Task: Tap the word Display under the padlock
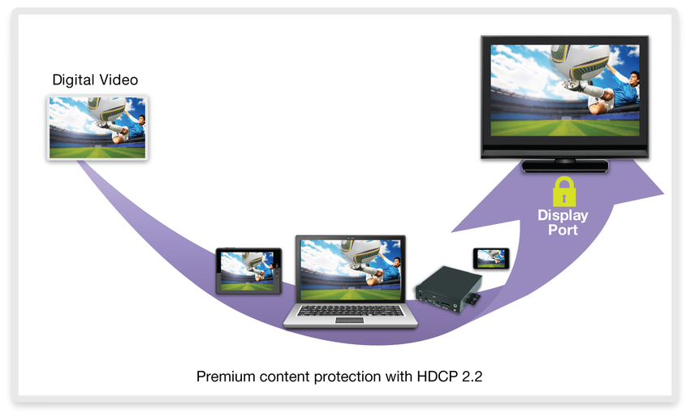coord(563,216)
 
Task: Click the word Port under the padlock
coord(563,230)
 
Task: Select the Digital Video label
coord(95,80)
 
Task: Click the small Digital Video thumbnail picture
coord(97,127)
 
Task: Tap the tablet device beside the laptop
coord(248,271)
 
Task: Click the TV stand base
coord(565,166)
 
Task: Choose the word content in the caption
coord(280,377)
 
